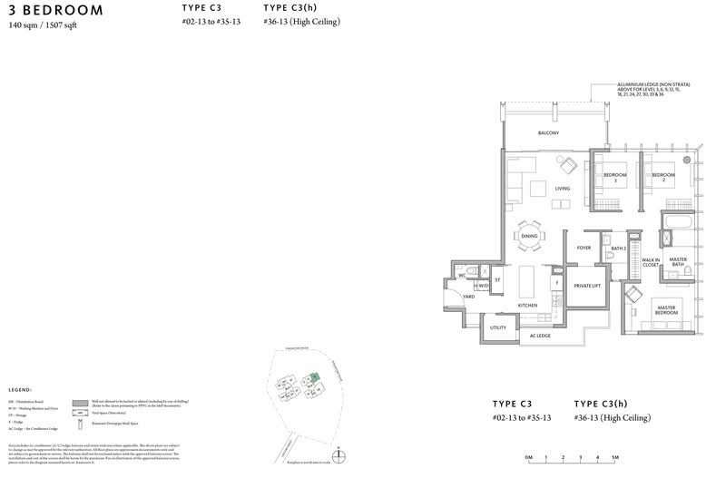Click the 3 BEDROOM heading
(55, 10)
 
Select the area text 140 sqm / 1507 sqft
(48, 26)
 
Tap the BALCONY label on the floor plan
(548, 133)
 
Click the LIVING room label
(563, 189)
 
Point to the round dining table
(529, 236)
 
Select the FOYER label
(584, 247)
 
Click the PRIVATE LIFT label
(587, 286)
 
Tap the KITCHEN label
(528, 306)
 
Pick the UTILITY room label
(498, 327)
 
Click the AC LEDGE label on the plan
(540, 336)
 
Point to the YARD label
(469, 297)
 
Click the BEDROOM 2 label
(663, 176)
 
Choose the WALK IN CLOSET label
(651, 263)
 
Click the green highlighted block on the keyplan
(315, 377)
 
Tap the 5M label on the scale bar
(614, 457)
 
